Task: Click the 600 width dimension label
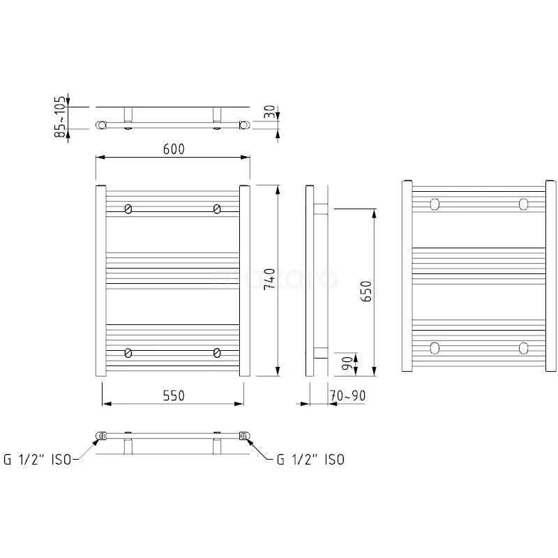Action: click(173, 150)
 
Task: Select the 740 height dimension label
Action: click(271, 278)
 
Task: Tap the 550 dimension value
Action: click(173, 395)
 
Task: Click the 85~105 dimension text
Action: click(61, 116)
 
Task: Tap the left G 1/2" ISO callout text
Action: click(38, 459)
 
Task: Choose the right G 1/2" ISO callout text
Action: click(310, 459)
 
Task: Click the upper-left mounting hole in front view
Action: click(128, 209)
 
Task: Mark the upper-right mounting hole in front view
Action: click(218, 209)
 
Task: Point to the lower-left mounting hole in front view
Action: click(128, 352)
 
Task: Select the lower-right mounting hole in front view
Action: click(218, 352)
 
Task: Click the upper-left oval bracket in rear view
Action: click(435, 204)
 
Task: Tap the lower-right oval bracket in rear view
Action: click(523, 347)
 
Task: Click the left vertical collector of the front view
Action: click(98, 280)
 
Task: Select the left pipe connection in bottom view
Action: click(100, 437)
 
